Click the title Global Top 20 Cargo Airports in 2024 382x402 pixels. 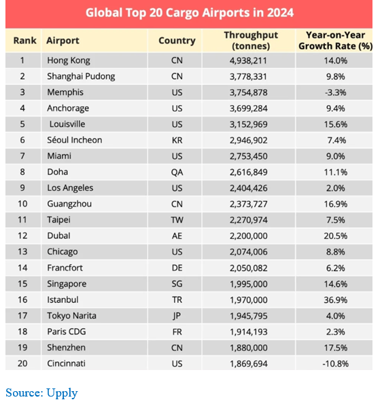point(190,13)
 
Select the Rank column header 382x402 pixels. point(25,41)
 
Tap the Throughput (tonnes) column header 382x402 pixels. point(251,41)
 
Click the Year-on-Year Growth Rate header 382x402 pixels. point(336,41)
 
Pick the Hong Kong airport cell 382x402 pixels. point(69,60)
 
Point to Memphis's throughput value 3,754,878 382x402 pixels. point(249,92)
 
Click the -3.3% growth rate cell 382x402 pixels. point(336,92)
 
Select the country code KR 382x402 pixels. point(177,141)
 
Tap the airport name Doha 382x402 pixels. point(58,172)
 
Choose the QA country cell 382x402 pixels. point(177,172)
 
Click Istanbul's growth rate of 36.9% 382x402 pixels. point(336,299)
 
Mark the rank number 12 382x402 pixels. point(22,236)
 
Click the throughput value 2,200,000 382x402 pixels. point(249,236)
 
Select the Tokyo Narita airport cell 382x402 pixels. point(71,316)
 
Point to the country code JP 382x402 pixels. point(177,316)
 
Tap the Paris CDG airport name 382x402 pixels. point(67,331)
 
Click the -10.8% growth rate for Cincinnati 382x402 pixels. point(336,363)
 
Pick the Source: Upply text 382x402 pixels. point(41,393)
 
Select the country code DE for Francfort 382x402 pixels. point(177,268)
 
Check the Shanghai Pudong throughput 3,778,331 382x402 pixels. point(248,77)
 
